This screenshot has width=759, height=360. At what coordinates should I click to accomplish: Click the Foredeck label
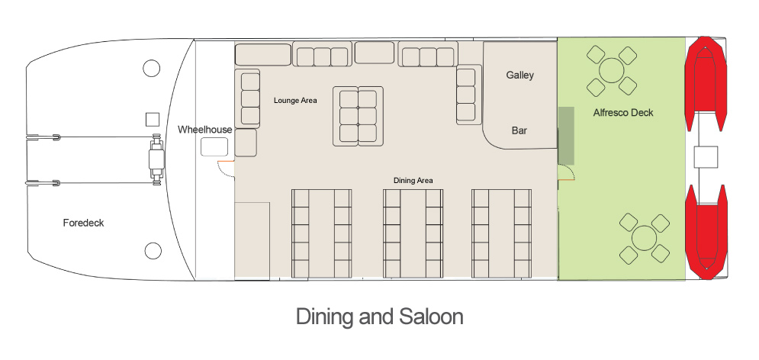[83, 223]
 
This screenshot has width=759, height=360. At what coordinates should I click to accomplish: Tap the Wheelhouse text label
[204, 130]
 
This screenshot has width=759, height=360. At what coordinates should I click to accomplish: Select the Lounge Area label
[295, 101]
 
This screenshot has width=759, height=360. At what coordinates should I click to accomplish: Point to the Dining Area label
[413, 181]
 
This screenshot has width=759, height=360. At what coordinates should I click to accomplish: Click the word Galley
[520, 75]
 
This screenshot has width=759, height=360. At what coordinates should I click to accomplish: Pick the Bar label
[519, 130]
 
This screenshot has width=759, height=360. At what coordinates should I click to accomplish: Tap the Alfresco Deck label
[623, 113]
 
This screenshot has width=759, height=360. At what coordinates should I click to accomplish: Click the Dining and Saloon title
[380, 317]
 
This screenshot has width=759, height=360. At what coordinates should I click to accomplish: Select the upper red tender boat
[706, 83]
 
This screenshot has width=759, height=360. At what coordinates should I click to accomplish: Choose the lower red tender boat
[706, 233]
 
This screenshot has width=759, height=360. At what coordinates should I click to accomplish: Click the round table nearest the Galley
[612, 71]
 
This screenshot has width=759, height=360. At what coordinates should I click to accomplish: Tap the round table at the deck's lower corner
[645, 239]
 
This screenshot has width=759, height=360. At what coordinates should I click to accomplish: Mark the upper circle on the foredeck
[152, 68]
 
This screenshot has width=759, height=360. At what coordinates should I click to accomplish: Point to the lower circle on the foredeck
[153, 250]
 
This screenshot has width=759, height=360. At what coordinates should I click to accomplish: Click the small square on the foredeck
[153, 119]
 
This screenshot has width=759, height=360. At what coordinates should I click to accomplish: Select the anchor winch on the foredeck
[156, 159]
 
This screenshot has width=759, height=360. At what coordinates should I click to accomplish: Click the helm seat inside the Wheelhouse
[214, 146]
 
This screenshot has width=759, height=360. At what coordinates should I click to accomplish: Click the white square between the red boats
[706, 157]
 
